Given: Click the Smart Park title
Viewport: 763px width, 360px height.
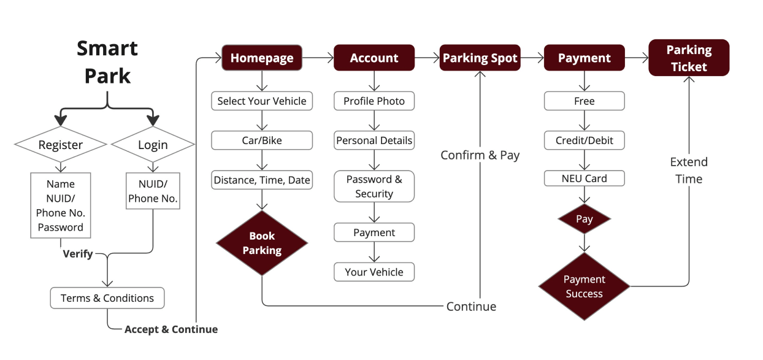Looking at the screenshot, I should click(107, 62).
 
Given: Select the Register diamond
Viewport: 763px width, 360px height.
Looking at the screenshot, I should click(60, 145).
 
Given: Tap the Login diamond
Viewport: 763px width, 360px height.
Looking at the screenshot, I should click(153, 145).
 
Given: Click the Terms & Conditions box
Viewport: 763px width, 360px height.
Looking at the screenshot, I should click(107, 298).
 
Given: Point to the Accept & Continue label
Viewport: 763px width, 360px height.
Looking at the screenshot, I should click(171, 329).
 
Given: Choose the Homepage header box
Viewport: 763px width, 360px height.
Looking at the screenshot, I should click(262, 58).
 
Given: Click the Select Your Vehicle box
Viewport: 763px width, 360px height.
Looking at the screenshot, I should click(262, 101).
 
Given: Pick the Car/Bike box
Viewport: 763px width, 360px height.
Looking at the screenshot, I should click(262, 140).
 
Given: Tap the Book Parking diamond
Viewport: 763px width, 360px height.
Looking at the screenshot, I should click(262, 243).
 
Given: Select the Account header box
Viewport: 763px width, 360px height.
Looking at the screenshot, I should click(374, 58).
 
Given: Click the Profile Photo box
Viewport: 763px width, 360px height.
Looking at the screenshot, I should click(374, 101).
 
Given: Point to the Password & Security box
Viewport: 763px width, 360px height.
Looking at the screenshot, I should click(374, 186).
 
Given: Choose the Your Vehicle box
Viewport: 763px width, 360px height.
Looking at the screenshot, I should click(374, 272).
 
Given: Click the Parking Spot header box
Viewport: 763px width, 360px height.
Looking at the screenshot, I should click(480, 58).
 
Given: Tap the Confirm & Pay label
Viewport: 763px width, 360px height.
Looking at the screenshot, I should click(480, 155).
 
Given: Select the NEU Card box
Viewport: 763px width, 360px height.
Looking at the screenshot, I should click(585, 178).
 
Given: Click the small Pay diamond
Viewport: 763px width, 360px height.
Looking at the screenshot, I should click(585, 219).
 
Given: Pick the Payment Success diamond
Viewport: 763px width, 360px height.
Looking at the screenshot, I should click(585, 286).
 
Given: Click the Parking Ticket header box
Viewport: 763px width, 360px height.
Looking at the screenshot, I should click(689, 58).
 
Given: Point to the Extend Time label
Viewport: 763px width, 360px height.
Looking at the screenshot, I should click(689, 170).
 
